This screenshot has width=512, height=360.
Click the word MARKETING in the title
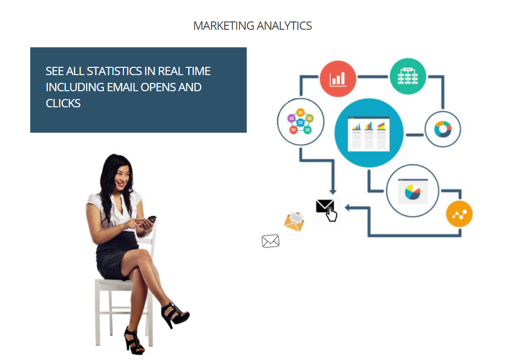(x=224, y=26)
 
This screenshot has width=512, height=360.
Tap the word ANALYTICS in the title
(x=284, y=26)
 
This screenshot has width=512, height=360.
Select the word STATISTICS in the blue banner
(x=114, y=71)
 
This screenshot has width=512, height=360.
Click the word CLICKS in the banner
(x=63, y=103)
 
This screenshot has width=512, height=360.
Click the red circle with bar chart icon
(x=337, y=79)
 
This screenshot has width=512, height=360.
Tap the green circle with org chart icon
(x=408, y=77)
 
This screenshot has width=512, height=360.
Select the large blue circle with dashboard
(x=369, y=133)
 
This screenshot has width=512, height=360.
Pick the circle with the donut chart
(x=443, y=129)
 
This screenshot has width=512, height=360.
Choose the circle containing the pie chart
(x=413, y=191)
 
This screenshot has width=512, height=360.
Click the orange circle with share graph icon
(x=459, y=214)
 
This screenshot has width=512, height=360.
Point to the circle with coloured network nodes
(x=300, y=122)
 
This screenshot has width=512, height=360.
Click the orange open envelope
(x=294, y=221)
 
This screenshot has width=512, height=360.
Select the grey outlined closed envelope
(x=270, y=241)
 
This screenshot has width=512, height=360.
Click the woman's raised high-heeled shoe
(x=175, y=314)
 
